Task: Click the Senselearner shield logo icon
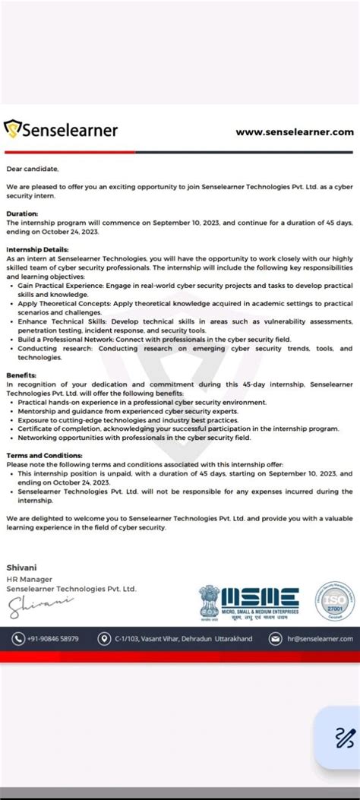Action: pos(13,130)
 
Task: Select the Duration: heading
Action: pos(22,214)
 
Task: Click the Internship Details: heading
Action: pos(37,249)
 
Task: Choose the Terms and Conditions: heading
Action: pos(46,455)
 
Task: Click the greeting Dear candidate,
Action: pos(32,168)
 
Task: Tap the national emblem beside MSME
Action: pos(209,600)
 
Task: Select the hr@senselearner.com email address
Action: pos(320,639)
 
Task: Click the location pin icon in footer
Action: pos(104,639)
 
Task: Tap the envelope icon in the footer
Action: pos(276,639)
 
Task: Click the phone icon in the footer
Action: pos(18,639)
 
